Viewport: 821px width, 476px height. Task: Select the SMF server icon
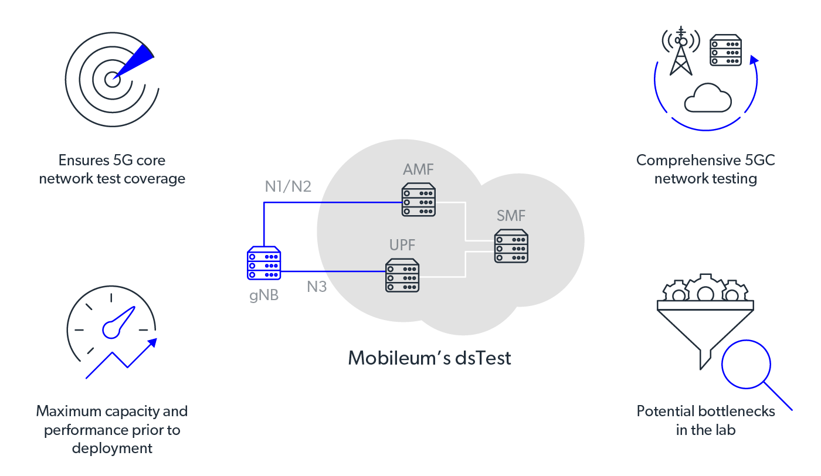click(511, 246)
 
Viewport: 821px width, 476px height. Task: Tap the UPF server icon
click(402, 276)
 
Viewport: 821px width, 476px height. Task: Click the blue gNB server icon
click(264, 263)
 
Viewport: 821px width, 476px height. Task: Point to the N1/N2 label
click(288, 187)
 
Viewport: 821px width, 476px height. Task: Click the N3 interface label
click(317, 287)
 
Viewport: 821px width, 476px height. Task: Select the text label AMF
click(418, 171)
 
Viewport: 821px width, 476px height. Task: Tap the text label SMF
click(511, 216)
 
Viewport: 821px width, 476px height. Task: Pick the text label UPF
click(402, 245)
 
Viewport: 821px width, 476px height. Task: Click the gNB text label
click(263, 295)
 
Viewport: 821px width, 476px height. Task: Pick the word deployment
click(112, 448)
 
